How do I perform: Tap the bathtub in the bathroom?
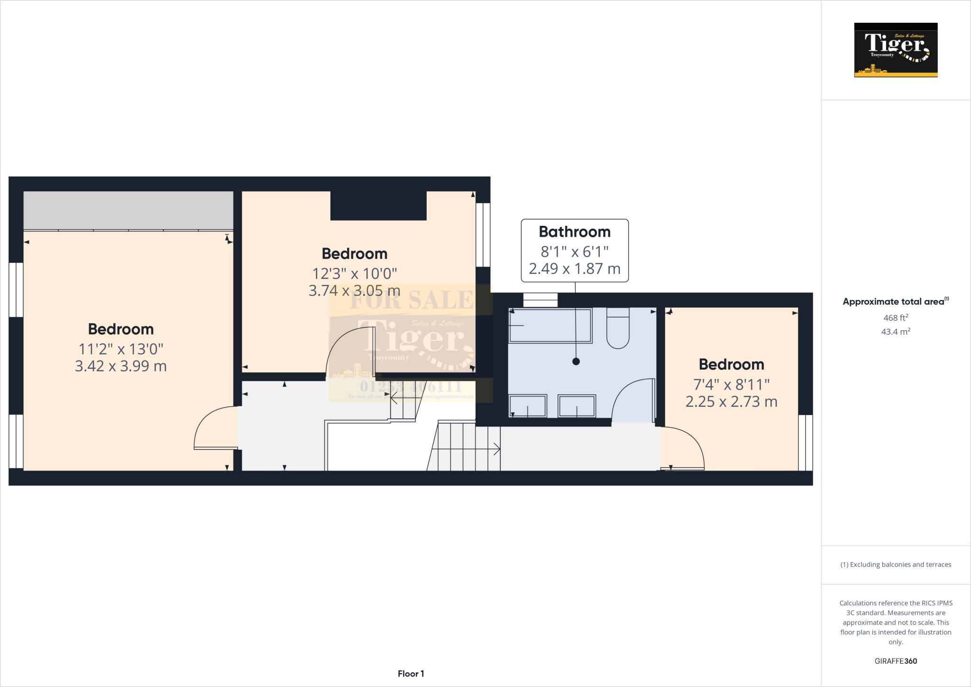(x=550, y=325)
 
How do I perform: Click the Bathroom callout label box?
(x=575, y=250)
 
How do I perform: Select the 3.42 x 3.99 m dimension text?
(x=121, y=366)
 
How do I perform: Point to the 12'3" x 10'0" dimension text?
(x=355, y=274)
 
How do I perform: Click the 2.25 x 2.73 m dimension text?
(x=731, y=402)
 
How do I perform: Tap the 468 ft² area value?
(x=896, y=318)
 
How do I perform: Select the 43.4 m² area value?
(x=896, y=332)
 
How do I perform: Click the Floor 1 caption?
(x=411, y=674)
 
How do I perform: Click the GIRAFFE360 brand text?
(x=896, y=661)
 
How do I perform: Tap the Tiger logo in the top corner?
(x=896, y=50)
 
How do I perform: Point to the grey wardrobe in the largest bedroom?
(x=128, y=210)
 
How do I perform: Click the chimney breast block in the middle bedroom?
(x=378, y=205)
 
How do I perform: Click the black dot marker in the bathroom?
(x=576, y=362)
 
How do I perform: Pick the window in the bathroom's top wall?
(x=540, y=300)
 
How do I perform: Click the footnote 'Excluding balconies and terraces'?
(x=896, y=565)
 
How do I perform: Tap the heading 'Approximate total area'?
(x=894, y=302)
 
